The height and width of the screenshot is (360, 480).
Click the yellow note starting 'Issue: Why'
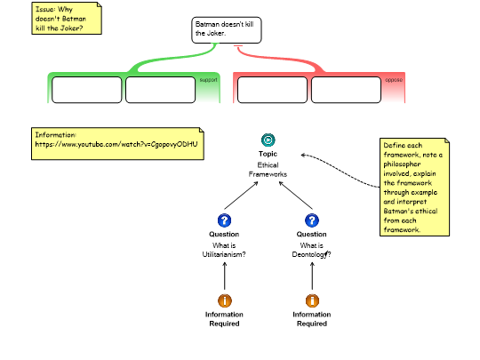tap(67, 19)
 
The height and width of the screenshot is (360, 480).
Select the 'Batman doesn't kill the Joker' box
tap(227, 30)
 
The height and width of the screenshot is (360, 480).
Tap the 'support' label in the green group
tap(209, 80)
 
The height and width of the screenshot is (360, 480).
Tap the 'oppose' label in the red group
tap(394, 80)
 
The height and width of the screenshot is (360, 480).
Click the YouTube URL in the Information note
tap(116, 144)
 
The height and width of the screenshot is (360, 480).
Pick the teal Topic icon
tap(268, 140)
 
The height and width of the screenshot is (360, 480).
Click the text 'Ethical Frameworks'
tap(268, 170)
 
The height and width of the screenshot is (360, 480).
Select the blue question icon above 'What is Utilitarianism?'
tap(224, 220)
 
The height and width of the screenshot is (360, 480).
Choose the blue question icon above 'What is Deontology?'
tap(312, 220)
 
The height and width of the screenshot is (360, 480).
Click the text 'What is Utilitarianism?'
tap(224, 250)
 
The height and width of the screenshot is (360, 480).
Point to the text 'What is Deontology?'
tap(312, 250)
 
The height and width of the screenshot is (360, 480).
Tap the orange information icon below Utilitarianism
tap(225, 300)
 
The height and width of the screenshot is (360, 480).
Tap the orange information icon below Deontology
tap(312, 300)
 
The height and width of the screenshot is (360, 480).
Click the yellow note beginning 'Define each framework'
tap(414, 187)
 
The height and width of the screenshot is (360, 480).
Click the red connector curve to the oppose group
tap(280, 58)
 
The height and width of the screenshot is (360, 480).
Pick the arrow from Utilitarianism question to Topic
tap(241, 196)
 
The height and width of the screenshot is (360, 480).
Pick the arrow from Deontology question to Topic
tap(296, 196)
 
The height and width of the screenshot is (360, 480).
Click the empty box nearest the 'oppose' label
tap(346, 90)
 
